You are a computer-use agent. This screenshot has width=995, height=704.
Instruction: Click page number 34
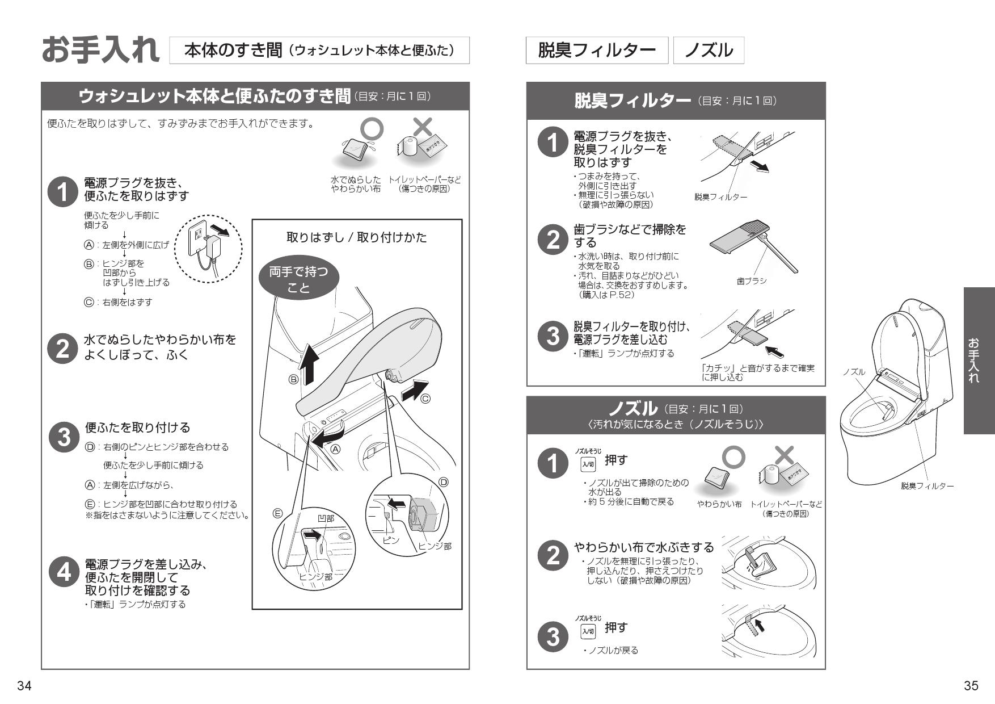pyautogui.click(x=24, y=686)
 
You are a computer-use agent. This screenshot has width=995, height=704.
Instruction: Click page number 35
pyautogui.click(x=971, y=686)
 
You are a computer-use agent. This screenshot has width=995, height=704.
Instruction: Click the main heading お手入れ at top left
pyautogui.click(x=101, y=50)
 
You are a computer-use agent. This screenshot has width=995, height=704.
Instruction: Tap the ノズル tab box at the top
pyautogui.click(x=708, y=51)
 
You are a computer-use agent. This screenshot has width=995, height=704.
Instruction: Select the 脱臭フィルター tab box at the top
pyautogui.click(x=597, y=51)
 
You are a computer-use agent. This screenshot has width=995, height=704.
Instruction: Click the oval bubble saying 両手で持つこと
pyautogui.click(x=298, y=279)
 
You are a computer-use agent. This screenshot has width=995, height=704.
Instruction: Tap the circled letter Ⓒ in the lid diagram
pyautogui.click(x=425, y=399)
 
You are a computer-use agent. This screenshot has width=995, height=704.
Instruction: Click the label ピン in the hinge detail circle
pyautogui.click(x=390, y=540)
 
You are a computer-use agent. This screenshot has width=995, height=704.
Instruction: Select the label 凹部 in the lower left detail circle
pyautogui.click(x=326, y=518)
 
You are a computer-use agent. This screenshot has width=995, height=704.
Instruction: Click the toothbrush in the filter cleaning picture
pyautogui.click(x=779, y=253)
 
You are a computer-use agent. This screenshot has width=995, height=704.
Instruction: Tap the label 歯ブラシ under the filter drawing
pyautogui.click(x=752, y=281)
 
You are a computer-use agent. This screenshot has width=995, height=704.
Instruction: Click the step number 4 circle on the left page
pyautogui.click(x=64, y=572)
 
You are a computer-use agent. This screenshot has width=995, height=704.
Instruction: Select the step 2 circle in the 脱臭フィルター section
pyautogui.click(x=553, y=240)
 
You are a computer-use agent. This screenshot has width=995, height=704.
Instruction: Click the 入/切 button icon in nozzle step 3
pyautogui.click(x=588, y=631)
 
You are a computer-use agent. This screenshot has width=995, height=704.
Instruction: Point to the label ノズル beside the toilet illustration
pyautogui.click(x=854, y=372)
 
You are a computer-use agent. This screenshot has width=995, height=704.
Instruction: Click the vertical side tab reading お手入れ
pyautogui.click(x=979, y=360)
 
